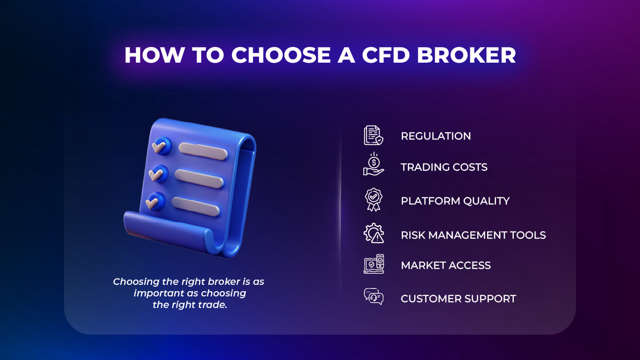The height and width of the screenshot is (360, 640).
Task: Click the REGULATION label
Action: [436, 136]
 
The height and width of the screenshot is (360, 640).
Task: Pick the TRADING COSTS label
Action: [444, 167]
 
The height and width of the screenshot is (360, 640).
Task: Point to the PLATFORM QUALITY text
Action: [455, 201]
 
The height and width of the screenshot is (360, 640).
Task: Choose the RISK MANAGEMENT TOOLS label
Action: [473, 235]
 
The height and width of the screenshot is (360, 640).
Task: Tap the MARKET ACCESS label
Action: [446, 265]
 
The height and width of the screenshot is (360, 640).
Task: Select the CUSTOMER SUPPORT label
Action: [458, 299]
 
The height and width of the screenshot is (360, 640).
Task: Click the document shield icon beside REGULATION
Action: [373, 135]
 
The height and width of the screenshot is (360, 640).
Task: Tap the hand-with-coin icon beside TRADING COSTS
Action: [373, 165]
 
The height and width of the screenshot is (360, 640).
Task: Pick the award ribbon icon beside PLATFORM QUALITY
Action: [373, 199]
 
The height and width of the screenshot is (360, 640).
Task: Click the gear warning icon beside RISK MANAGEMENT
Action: [373, 233]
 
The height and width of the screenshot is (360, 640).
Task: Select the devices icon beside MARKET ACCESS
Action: [373, 264]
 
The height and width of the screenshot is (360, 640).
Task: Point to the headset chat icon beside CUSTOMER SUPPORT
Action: [373, 296]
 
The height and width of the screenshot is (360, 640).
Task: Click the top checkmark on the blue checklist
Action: [159, 145]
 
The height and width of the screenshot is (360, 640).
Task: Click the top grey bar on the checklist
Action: [203, 151]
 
